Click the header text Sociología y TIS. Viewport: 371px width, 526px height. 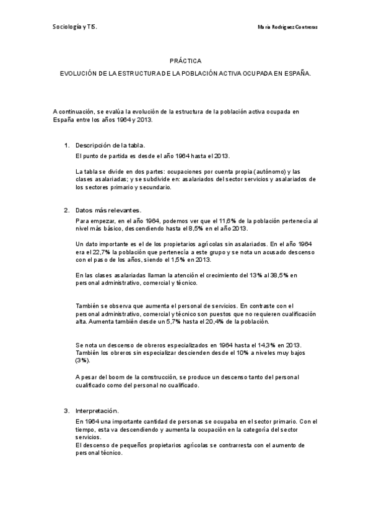[74, 28]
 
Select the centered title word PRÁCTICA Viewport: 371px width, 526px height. [185, 61]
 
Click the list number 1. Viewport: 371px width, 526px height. [66, 145]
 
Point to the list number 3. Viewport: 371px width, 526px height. [66, 411]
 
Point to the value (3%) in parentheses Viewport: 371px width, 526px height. [82, 360]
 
